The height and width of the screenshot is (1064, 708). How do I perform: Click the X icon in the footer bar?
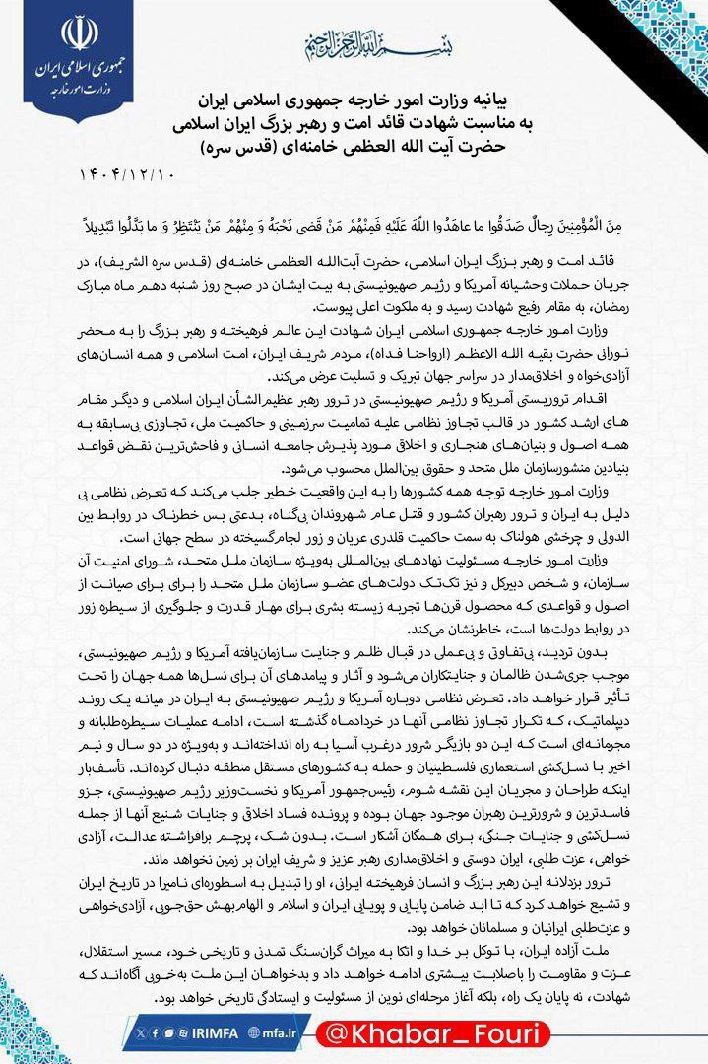point(141,1032)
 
